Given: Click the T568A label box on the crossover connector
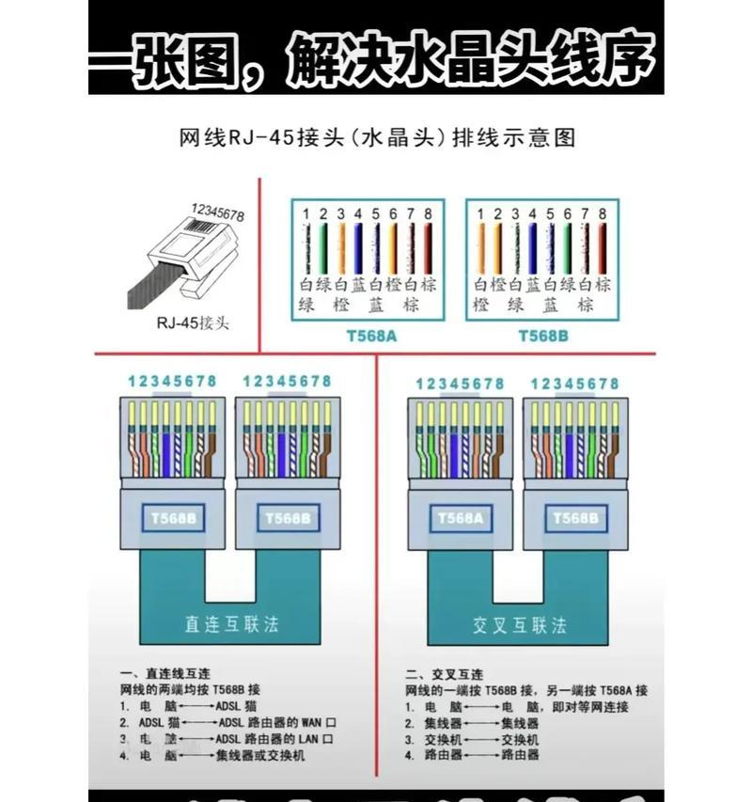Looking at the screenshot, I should coord(460,517).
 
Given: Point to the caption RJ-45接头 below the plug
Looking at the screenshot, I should coord(192,322).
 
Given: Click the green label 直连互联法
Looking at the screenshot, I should coord(231,623).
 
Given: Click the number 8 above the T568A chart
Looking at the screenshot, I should coord(428,214).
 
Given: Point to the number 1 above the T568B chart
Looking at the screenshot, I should coord(480,214).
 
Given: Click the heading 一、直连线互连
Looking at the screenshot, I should coord(165,674).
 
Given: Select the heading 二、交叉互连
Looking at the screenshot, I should coord(444,674).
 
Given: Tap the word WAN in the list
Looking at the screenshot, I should coord(313,722).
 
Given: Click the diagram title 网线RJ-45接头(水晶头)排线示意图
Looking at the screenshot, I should coord(376,138).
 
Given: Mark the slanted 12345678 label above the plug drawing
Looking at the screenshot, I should coord(217,212).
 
